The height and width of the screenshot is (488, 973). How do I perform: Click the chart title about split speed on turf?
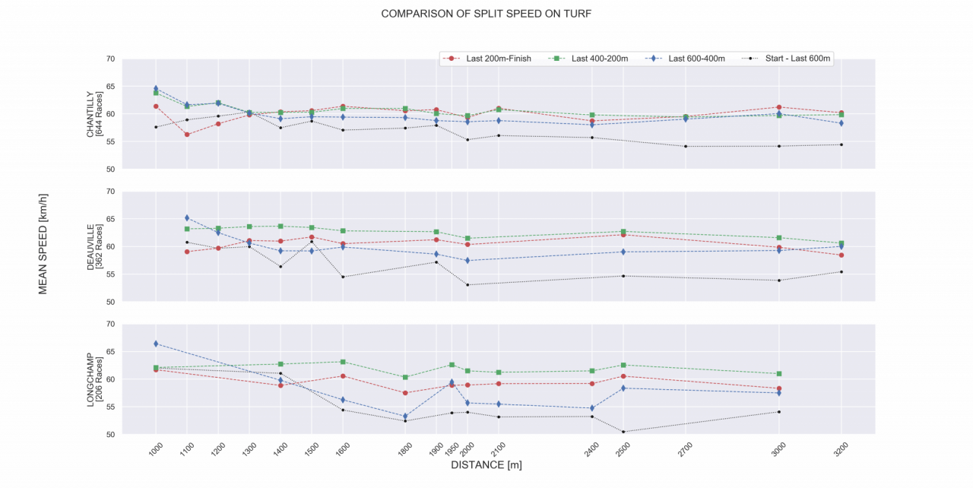(486, 14)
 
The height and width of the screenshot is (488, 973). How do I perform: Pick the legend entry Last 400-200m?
(599, 59)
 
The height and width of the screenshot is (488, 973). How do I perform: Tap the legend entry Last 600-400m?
(696, 59)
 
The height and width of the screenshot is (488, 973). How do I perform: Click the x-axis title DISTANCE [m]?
(486, 464)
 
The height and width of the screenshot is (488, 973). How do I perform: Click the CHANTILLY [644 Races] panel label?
(94, 114)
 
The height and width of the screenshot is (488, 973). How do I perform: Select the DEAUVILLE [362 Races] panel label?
(94, 246)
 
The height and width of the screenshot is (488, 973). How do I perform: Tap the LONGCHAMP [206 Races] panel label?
(94, 379)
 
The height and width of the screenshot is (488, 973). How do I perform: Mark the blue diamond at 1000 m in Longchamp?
(156, 344)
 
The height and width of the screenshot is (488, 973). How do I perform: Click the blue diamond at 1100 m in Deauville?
(187, 218)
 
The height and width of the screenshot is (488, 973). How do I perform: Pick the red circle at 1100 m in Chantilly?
(187, 135)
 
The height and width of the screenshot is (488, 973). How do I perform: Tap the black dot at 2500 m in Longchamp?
(623, 432)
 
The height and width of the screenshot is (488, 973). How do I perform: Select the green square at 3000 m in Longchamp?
(779, 374)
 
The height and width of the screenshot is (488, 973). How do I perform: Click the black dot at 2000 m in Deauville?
(467, 285)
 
